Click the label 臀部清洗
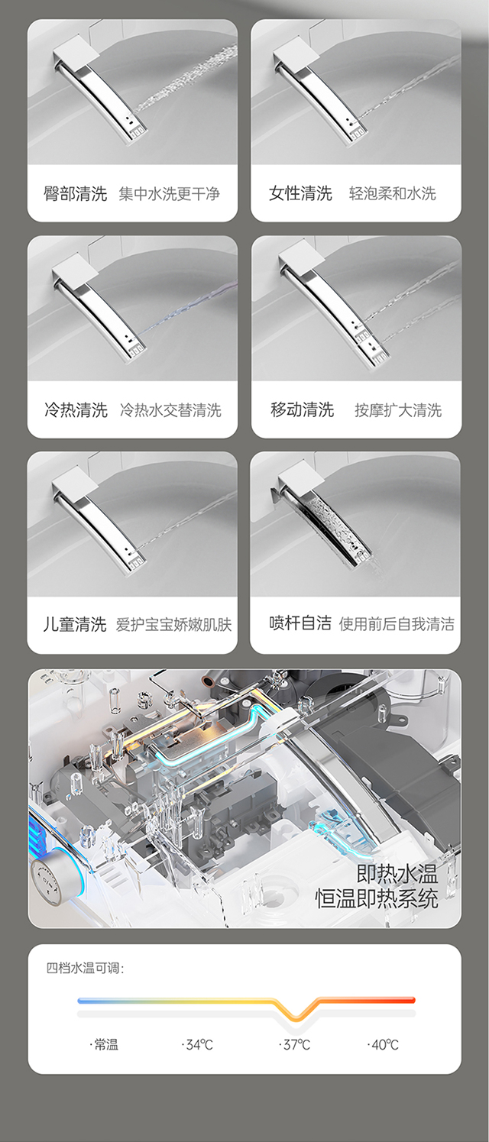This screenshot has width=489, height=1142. coord(76,194)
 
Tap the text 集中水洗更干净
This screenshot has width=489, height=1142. coord(170,194)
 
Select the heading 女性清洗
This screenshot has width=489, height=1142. coord(301,194)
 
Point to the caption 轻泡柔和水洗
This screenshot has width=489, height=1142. coord(393,194)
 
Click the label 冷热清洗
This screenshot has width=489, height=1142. coord(76,410)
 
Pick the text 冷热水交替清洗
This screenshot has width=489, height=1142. coord(171,410)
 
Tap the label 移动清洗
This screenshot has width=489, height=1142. coord(303,410)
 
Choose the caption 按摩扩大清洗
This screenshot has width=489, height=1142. coord(398,410)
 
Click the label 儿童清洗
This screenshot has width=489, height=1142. coord(75,625)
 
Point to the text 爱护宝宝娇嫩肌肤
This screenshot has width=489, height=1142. coord(174,625)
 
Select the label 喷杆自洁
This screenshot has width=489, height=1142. coord(300,623)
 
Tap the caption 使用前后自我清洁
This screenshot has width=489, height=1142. coord(397,624)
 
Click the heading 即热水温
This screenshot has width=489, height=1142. coord(397,874)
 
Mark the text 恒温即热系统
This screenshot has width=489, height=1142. coord(377,899)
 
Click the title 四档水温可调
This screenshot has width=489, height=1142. coord(85,968)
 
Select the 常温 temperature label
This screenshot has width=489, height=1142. coord(104,1045)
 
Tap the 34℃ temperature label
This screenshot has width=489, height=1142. coord(197,1045)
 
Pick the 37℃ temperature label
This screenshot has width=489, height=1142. coord(295,1045)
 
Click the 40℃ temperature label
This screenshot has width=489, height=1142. coord(383,1045)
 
